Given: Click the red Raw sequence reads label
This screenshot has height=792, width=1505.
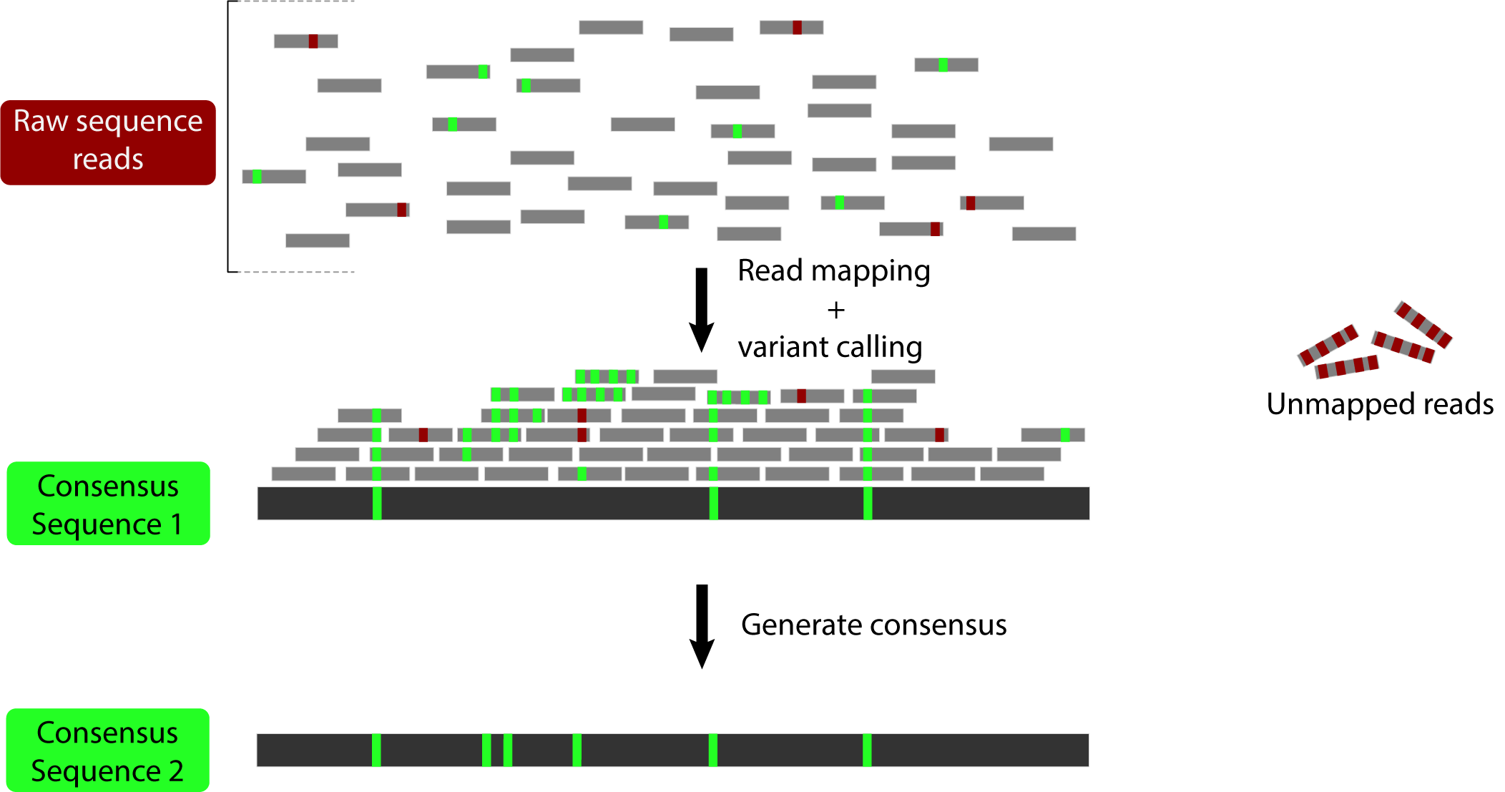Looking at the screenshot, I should (x=108, y=142).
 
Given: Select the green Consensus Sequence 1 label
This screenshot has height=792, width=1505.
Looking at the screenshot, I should (x=108, y=504).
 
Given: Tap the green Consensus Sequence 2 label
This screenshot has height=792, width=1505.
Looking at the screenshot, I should (x=107, y=751).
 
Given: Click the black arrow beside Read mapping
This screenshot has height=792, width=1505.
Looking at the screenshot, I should (x=702, y=309).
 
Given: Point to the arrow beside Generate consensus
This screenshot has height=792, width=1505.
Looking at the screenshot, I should (x=702, y=626).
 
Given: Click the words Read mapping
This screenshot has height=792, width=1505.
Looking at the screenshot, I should (x=833, y=271).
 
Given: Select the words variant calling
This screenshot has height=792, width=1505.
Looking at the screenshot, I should (x=830, y=348).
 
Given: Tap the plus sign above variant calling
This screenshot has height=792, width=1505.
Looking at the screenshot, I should (x=835, y=310).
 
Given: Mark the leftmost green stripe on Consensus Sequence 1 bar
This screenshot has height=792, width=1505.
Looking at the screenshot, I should (x=377, y=504).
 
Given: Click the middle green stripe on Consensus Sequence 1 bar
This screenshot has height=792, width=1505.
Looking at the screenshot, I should (x=713, y=504).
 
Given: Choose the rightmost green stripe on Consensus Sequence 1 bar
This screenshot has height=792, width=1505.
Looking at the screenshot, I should (x=868, y=504).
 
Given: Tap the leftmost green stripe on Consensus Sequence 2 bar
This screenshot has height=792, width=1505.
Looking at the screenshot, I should (x=376, y=750).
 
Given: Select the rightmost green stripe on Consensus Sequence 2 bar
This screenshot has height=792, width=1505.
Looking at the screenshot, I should (x=867, y=750).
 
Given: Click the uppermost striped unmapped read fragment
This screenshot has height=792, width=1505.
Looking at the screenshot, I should (x=1423, y=324).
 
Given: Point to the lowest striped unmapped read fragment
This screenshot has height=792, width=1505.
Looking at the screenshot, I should (x=1347, y=367).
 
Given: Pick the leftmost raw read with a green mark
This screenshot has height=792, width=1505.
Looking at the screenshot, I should (x=274, y=177).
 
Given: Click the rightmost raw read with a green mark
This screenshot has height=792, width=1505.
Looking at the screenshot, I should (x=946, y=65).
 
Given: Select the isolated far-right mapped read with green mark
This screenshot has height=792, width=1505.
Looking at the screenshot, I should (x=1052, y=435).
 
